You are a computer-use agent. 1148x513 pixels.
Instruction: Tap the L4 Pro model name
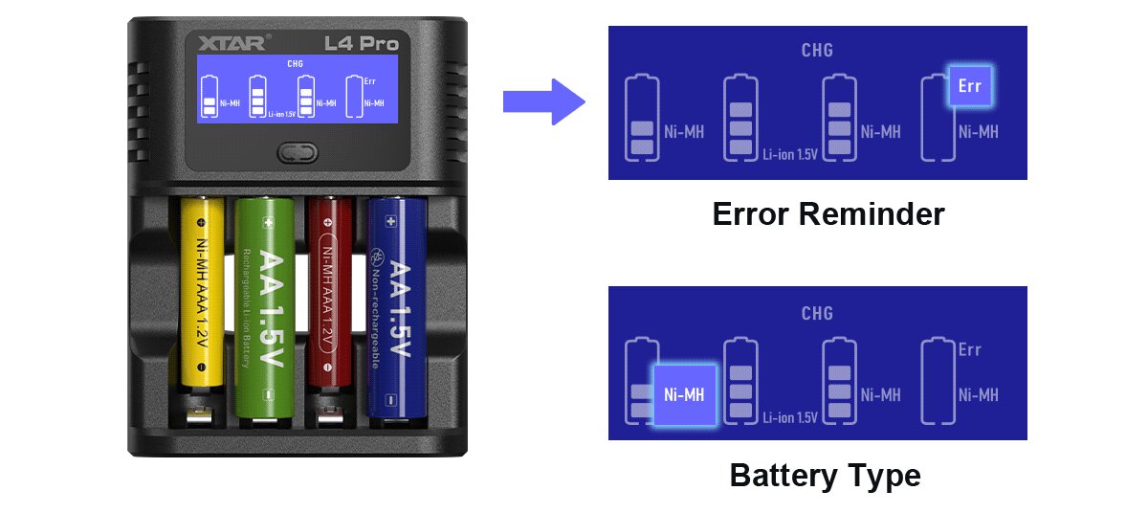(x=362, y=42)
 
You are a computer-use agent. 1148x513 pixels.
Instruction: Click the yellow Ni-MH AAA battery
(x=202, y=306)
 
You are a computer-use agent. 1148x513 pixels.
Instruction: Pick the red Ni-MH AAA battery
(x=326, y=306)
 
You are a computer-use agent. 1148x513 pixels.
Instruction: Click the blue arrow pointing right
(x=543, y=100)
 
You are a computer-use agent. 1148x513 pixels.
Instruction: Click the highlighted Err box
(x=969, y=86)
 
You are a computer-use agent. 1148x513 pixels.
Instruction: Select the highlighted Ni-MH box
(x=683, y=394)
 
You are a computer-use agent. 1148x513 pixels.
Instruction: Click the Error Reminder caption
(x=828, y=213)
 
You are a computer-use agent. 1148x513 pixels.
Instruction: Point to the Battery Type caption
(x=825, y=475)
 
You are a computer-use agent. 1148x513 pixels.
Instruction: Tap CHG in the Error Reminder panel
(x=817, y=51)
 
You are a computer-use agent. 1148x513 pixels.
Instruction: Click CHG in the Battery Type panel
(x=817, y=313)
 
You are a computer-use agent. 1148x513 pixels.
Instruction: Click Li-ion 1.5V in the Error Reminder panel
(x=790, y=153)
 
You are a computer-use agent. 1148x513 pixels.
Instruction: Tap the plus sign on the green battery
(x=269, y=222)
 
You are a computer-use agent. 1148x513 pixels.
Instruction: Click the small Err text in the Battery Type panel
(x=969, y=349)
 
